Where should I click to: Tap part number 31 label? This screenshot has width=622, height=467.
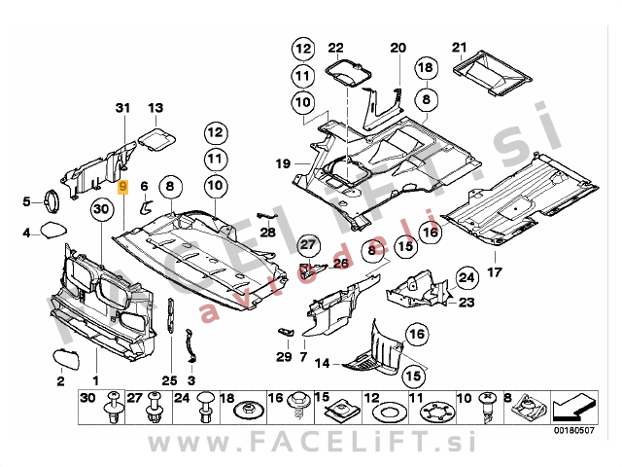pyautogui.click(x=121, y=107)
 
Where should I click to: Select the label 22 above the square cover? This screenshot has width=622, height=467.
pyautogui.click(x=335, y=48)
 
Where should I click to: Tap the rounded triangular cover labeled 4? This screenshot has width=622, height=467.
pyautogui.click(x=51, y=232)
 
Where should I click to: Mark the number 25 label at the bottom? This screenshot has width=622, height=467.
pyautogui.click(x=169, y=379)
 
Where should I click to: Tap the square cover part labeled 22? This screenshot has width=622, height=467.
pyautogui.click(x=346, y=74)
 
